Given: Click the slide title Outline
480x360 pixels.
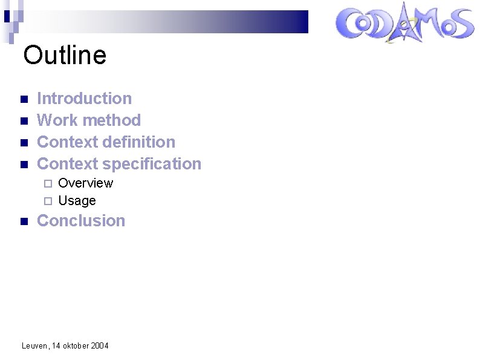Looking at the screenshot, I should [x=65, y=55].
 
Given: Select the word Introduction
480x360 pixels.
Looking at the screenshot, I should [x=84, y=98].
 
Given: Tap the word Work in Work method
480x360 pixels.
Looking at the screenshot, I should [x=57, y=120].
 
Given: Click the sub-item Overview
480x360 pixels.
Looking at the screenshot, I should [x=85, y=183].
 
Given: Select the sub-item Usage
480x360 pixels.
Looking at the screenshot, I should [x=77, y=200].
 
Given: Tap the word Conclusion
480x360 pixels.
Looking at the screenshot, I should [x=81, y=220].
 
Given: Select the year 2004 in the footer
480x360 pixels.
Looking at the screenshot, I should [x=99, y=345].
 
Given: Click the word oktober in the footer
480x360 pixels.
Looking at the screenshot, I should [x=76, y=345].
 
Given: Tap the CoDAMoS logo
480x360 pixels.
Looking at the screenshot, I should [x=404, y=25].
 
